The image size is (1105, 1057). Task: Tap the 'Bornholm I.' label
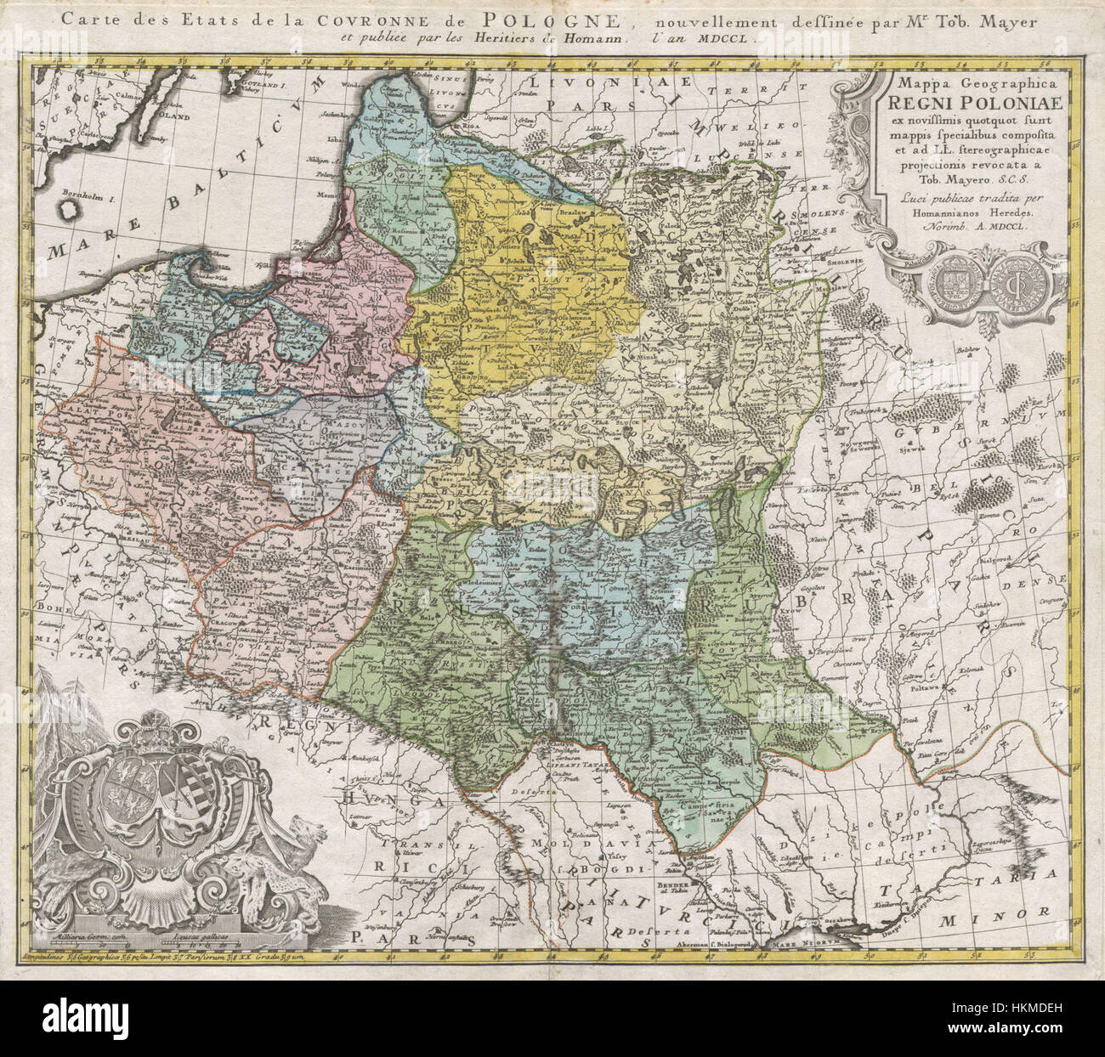(93, 196)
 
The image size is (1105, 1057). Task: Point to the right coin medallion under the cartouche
(998, 280)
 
